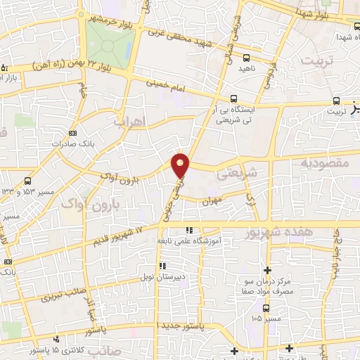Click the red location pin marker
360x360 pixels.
181,165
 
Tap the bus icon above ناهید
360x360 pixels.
246,58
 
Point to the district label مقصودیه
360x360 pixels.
325,163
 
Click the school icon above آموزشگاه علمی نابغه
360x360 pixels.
188,231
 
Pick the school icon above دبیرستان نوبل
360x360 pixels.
162,266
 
